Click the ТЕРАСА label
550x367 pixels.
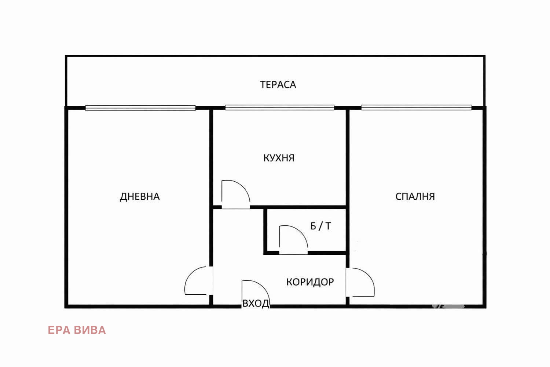pyautogui.click(x=278, y=85)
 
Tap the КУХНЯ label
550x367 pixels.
pyautogui.click(x=279, y=158)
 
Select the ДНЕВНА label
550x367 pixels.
pyautogui.click(x=140, y=197)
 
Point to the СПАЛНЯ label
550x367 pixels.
pyautogui.click(x=415, y=197)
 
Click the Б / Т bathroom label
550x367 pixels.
pyautogui.click(x=320, y=226)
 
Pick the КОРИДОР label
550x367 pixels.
pyautogui.click(x=310, y=282)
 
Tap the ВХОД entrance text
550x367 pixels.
pyautogui.click(x=256, y=304)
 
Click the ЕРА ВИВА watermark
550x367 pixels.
pyautogui.click(x=77, y=330)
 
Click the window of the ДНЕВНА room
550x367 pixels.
pyautogui.click(x=140, y=108)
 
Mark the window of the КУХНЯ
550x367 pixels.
pyautogui.click(x=280, y=108)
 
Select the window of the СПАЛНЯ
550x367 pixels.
pyautogui.click(x=416, y=108)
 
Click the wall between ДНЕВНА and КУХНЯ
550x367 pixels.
pyautogui.click(x=211, y=158)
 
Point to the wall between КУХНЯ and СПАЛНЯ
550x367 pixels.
pyautogui.click(x=348, y=158)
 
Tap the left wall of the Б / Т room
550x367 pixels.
pyautogui.click(x=265, y=230)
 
